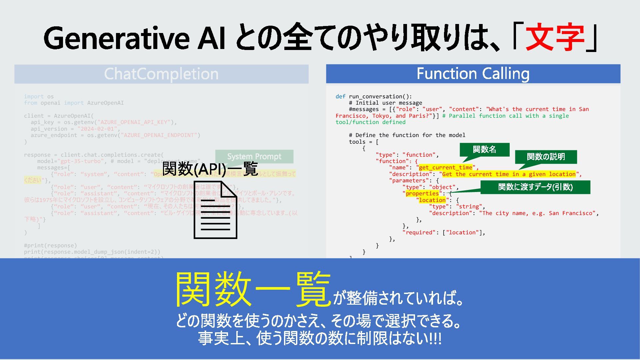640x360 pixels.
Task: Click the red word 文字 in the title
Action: [555, 37]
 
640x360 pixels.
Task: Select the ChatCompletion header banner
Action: [161, 74]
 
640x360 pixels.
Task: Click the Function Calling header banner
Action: [473, 74]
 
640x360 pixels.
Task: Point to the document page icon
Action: [215, 210]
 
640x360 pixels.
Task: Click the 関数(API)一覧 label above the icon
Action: [210, 169]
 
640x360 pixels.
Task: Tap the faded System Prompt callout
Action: [254, 156]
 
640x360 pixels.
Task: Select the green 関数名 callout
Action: [484, 149]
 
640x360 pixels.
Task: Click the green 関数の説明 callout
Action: [546, 157]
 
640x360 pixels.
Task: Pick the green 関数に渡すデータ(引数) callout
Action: [535, 187]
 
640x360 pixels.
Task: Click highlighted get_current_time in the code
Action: [446, 167]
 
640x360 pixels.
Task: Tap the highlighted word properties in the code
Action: [422, 193]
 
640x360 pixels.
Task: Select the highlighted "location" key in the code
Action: [432, 200]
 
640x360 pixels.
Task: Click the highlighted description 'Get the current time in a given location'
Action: [509, 174]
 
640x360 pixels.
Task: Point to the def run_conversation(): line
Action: [374, 96]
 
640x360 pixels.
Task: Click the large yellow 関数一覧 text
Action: [253, 289]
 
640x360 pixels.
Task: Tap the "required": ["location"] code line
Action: [444, 232]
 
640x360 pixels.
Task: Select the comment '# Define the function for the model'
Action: [407, 135]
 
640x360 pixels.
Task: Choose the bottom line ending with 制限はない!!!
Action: [320, 338]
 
